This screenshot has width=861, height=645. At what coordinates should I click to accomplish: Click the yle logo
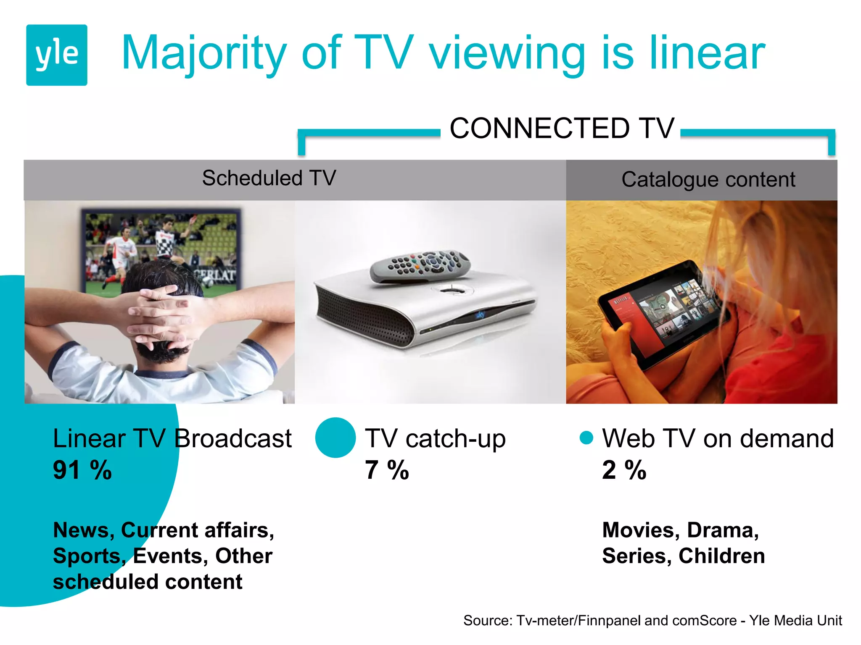57,55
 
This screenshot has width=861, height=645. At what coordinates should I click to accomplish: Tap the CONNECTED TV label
562,128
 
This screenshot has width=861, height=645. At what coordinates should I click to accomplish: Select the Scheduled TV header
269,178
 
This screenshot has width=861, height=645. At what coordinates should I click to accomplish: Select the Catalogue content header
708,180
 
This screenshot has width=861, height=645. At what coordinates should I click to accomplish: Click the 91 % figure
82,470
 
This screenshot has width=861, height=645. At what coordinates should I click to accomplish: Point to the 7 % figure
387,470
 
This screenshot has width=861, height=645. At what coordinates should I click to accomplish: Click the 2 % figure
624,470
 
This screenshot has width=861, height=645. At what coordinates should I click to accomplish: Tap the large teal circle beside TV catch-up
335,438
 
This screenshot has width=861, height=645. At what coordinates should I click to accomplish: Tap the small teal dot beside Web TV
586,438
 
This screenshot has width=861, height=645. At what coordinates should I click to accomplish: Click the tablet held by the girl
664,313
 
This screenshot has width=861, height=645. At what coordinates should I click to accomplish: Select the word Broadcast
232,439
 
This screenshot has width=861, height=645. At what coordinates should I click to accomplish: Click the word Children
721,556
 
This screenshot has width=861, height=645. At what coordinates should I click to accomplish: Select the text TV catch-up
435,439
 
